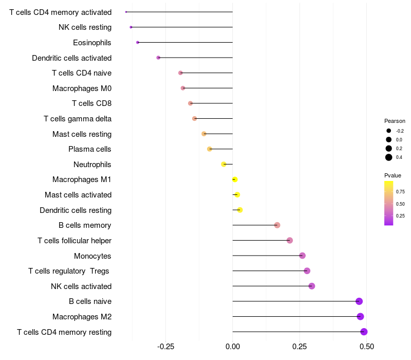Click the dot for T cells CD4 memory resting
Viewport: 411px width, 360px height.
(364, 332)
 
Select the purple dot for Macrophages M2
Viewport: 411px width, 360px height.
(360, 316)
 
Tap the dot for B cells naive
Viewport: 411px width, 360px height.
(359, 301)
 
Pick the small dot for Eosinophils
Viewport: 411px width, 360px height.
(138, 42)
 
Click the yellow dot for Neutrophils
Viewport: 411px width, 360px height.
(223, 164)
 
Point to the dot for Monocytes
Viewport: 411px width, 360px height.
(302, 256)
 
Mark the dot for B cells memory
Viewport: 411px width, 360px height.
(277, 225)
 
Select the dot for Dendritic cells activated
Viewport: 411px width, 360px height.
(158, 58)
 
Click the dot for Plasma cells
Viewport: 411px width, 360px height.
(210, 149)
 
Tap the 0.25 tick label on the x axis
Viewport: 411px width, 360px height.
(300, 347)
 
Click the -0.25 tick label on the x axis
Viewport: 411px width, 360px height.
(165, 347)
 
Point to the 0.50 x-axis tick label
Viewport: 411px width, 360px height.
(367, 347)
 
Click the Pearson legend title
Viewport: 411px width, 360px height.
(395, 121)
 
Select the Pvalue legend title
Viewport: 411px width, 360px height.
(393, 175)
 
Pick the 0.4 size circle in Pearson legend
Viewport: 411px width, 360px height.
(389, 157)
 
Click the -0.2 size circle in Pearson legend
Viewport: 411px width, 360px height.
(389, 131)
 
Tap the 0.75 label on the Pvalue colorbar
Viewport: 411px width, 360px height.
(400, 191)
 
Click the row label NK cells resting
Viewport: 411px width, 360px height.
(85, 27)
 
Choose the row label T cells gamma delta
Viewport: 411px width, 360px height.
(78, 119)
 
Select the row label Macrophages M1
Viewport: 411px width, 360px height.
(82, 179)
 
